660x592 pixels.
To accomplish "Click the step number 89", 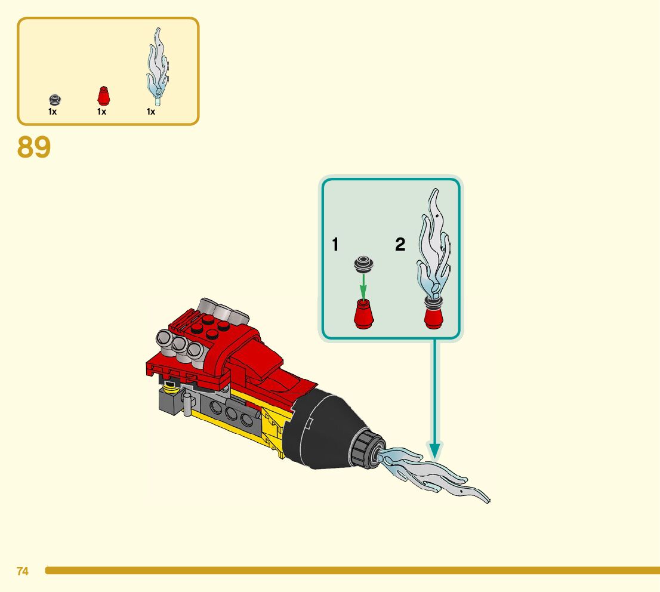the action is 34,147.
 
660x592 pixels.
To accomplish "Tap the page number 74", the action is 23,571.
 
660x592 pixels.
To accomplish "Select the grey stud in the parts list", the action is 55,100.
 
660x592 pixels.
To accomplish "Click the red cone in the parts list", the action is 103,96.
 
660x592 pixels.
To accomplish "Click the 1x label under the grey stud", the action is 53,112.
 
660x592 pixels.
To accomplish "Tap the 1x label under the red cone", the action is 101,112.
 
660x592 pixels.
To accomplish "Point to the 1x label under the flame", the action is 151,112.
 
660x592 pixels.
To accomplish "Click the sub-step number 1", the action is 335,245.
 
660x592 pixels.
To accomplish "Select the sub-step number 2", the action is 400,245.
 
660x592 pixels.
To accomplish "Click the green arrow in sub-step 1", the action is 363,284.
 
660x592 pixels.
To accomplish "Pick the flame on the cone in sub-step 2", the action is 434,245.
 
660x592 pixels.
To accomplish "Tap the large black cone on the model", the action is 322,427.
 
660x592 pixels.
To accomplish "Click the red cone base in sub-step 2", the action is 434,316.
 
